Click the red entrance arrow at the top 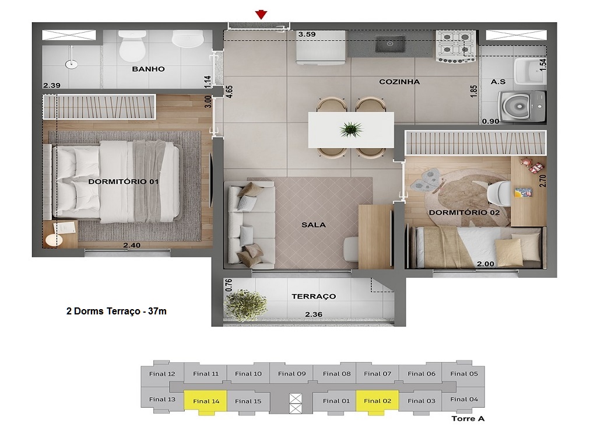click(261, 15)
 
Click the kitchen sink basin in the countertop click(390, 44)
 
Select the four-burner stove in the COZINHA click(456, 47)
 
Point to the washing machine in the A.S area click(522, 106)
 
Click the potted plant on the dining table click(351, 129)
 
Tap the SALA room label click(313, 225)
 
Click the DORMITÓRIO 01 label click(123, 182)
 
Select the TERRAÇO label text click(314, 296)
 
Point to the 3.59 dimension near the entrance click(307, 34)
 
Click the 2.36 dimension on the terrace click(313, 314)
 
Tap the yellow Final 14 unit click(206, 401)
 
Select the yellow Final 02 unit click(377, 401)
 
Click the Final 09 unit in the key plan click(292, 374)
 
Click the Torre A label click(468, 419)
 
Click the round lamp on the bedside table click(54, 240)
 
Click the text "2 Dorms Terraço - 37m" click(117, 311)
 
